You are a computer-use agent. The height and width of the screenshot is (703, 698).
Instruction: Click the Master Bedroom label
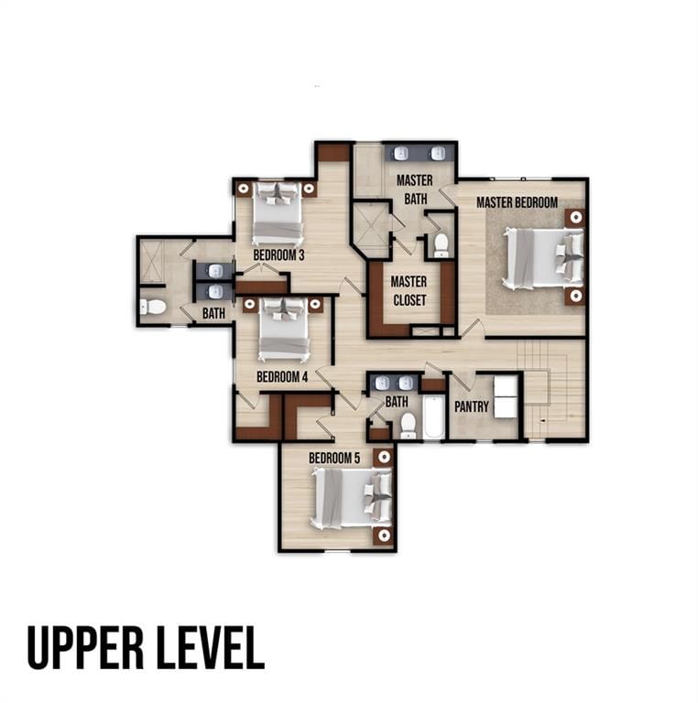pyautogui.click(x=517, y=202)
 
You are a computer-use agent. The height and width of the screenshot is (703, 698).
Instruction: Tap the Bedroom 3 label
pyautogui.click(x=278, y=255)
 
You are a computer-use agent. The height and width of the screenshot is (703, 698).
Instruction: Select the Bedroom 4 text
pyautogui.click(x=282, y=376)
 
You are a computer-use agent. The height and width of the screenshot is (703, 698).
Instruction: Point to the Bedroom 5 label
pyautogui.click(x=334, y=459)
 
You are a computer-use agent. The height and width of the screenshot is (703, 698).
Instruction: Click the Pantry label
pyautogui.click(x=472, y=406)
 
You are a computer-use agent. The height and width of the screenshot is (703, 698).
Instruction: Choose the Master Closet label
pyautogui.click(x=409, y=291)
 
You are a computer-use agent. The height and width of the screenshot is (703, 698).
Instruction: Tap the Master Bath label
pyautogui.click(x=415, y=189)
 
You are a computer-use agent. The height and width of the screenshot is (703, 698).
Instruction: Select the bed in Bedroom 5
pyautogui.click(x=352, y=499)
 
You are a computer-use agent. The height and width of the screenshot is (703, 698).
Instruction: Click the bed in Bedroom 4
pyautogui.click(x=284, y=330)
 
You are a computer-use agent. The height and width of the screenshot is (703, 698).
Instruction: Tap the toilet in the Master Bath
pyautogui.click(x=442, y=245)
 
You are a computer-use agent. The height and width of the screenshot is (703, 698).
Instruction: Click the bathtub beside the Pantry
pyautogui.click(x=433, y=417)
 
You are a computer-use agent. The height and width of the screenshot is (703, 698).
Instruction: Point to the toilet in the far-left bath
pyautogui.click(x=153, y=308)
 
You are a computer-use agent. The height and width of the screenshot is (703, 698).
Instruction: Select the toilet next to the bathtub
pyautogui.click(x=409, y=426)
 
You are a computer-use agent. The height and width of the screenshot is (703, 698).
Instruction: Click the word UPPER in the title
pyautogui.click(x=85, y=648)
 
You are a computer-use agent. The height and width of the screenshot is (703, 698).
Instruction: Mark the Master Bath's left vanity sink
pyautogui.click(x=400, y=154)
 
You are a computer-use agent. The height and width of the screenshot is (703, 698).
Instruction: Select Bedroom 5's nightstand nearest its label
pyautogui.click(x=384, y=457)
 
